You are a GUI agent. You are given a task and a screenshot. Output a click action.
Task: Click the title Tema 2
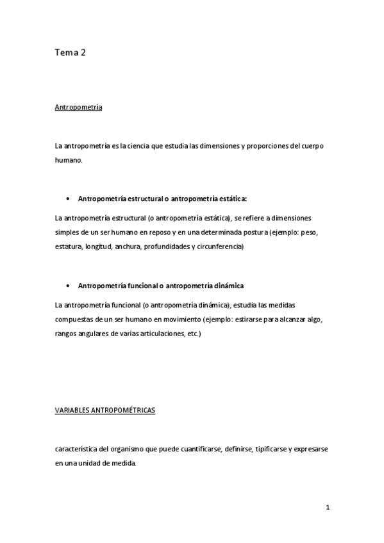click(x=71, y=54)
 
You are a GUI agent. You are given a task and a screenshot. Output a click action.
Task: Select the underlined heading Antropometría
click(x=79, y=108)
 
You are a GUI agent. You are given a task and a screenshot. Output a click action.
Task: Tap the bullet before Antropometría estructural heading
click(x=68, y=199)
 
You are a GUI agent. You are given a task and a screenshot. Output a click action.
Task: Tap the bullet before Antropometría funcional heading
click(x=68, y=285)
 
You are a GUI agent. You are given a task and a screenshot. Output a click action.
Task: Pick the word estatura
click(x=68, y=247)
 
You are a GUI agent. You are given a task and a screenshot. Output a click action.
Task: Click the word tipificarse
click(x=271, y=450)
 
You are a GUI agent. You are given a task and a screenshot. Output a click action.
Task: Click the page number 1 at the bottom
click(x=327, y=508)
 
